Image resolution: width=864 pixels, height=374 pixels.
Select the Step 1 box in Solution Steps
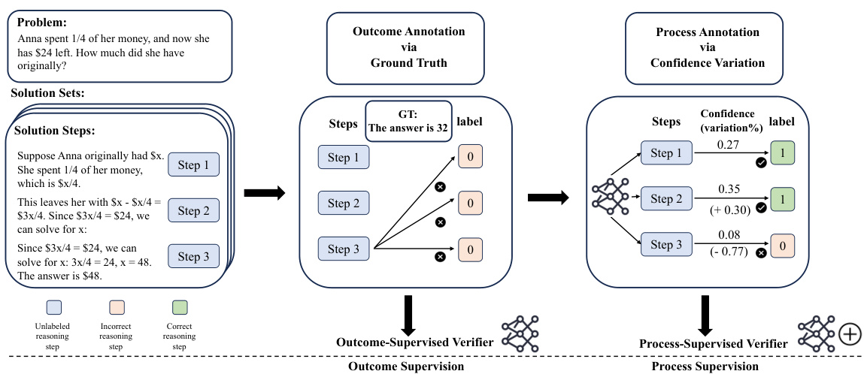click(194, 165)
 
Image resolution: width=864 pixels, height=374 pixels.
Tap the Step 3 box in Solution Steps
click(194, 255)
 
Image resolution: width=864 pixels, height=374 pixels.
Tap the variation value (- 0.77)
click(728, 252)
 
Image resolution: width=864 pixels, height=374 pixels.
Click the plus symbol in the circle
click(849, 333)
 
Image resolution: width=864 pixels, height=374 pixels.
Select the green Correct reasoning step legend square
click(179, 308)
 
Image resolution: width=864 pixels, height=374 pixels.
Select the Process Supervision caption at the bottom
click(705, 366)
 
